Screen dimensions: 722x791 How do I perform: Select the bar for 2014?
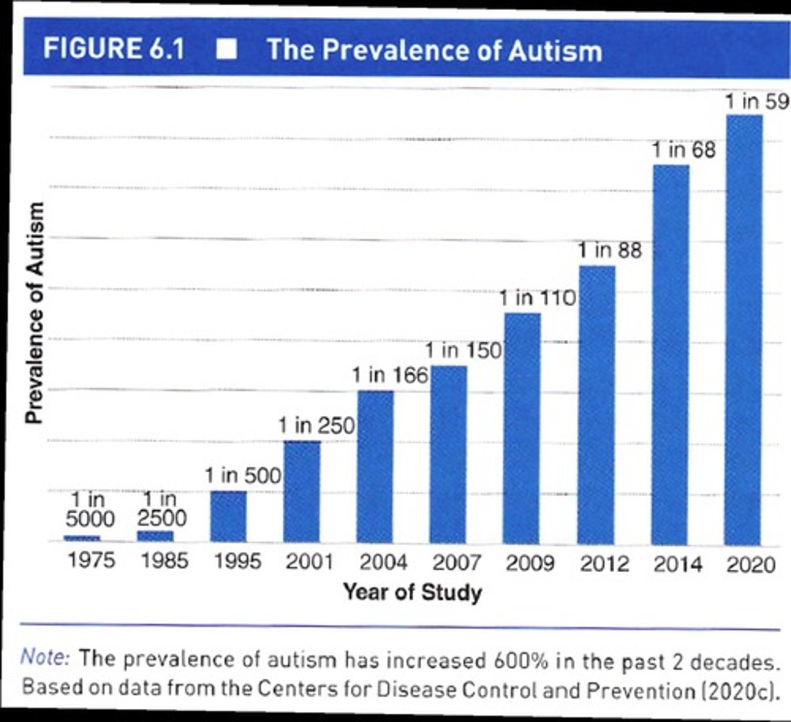coord(671,355)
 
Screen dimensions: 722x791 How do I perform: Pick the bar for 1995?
coord(228,517)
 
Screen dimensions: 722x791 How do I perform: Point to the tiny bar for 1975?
coord(82,537)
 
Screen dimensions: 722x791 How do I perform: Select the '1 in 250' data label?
coord(317,426)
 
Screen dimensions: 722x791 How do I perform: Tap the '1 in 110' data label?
coord(538,297)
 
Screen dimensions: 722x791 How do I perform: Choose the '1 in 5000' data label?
coord(90,509)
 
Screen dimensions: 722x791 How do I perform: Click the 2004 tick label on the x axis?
coord(383,563)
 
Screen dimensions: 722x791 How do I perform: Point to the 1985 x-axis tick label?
coord(164,561)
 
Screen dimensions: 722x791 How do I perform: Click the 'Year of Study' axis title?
coord(413,592)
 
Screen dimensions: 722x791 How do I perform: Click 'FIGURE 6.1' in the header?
coord(114,48)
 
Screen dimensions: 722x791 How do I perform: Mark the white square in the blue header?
coord(226,49)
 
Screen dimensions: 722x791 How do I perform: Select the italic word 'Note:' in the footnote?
coord(46,657)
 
